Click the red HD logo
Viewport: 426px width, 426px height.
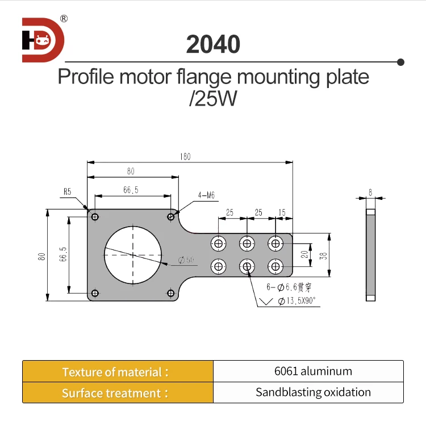point(43,40)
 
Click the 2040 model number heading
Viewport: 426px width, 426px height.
point(213,44)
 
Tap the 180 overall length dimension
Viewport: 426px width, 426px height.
point(186,156)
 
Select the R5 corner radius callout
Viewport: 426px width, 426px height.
point(67,193)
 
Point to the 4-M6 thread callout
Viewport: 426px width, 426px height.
point(207,195)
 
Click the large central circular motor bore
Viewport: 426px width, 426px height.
point(133,254)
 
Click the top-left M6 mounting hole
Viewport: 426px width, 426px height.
point(95,216)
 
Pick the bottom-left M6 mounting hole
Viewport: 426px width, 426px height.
point(95,293)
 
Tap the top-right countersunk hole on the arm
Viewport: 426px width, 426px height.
point(275,243)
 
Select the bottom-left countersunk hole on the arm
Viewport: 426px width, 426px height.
point(218,265)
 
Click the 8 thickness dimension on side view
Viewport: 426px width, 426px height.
point(370,193)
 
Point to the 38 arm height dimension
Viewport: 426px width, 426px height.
point(323,255)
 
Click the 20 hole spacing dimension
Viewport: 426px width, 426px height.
point(304,254)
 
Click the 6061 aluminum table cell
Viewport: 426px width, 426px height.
point(313,371)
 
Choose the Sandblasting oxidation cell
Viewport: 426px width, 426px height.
point(313,392)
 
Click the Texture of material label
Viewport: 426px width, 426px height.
point(115,372)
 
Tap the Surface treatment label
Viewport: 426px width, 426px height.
point(115,393)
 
